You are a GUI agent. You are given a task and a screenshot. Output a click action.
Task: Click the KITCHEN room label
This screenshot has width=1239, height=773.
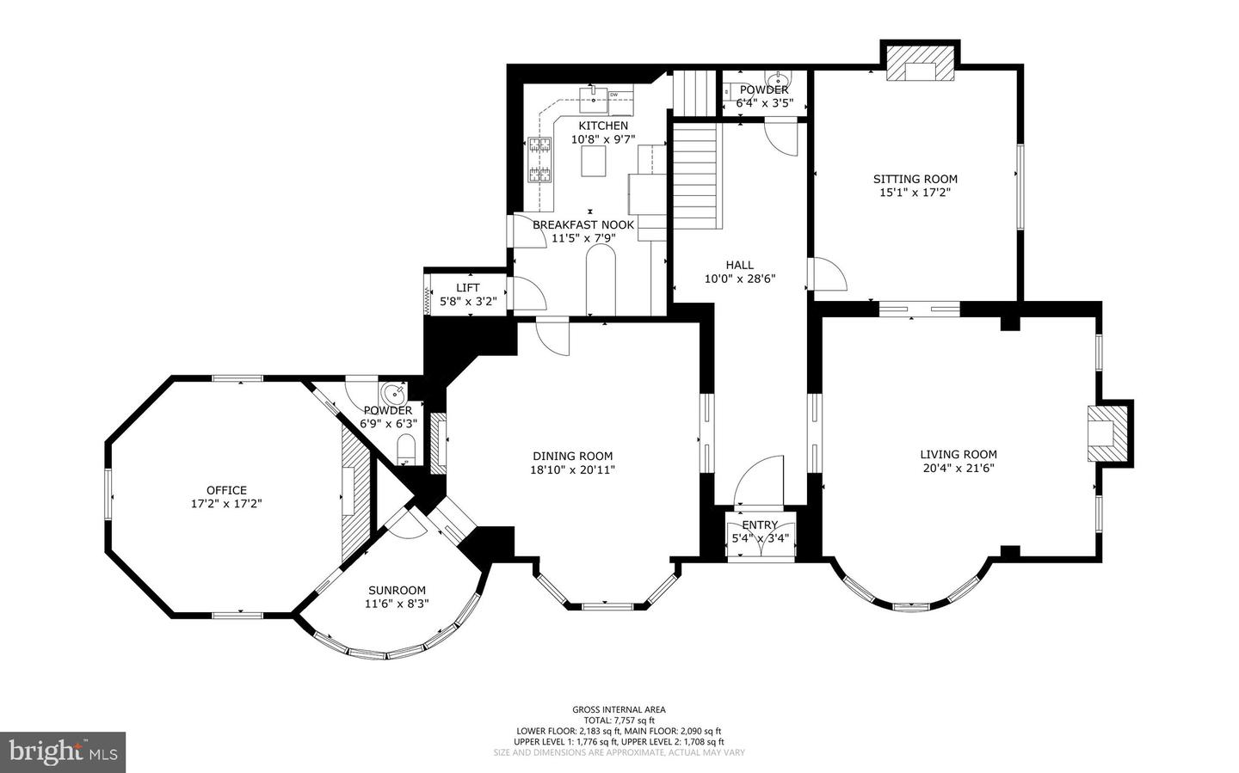click(x=603, y=126)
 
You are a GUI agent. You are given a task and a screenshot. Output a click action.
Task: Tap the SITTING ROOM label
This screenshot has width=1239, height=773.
click(x=915, y=179)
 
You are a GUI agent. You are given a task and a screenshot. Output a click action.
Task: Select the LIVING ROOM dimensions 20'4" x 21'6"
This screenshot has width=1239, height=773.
click(x=959, y=469)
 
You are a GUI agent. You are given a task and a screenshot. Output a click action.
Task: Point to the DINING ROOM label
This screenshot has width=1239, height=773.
click(x=572, y=457)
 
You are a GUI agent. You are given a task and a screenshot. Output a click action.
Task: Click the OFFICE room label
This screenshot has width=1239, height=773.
click(x=226, y=490)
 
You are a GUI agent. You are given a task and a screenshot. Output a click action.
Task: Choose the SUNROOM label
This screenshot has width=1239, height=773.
click(x=397, y=591)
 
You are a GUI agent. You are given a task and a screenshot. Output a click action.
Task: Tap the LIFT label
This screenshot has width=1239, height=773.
click(x=468, y=287)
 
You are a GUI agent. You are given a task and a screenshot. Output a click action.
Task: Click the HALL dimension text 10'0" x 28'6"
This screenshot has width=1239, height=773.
click(x=740, y=279)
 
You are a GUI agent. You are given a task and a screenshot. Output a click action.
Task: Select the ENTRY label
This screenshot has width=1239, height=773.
click(x=760, y=525)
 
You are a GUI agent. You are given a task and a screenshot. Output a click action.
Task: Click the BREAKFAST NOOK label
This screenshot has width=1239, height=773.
click(x=583, y=225)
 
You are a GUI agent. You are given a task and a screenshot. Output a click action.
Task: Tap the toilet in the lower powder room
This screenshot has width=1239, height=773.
click(x=406, y=449)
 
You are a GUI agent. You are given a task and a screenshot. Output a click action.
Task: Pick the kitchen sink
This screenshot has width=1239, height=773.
click(x=593, y=100)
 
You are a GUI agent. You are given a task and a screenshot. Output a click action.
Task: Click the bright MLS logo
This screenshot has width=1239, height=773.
click(x=63, y=752)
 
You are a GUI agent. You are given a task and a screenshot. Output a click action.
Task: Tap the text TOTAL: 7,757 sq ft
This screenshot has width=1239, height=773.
click(x=619, y=720)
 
